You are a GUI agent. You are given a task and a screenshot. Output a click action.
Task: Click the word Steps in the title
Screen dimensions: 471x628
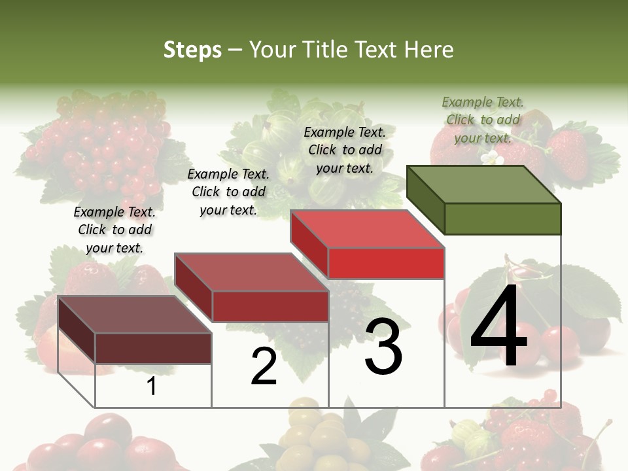[192, 50]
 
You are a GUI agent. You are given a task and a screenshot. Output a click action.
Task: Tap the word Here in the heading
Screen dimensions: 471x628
[428, 50]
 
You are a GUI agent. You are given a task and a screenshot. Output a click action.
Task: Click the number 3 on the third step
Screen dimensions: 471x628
[383, 347]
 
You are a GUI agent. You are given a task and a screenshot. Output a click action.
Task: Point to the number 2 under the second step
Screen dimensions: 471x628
[264, 366]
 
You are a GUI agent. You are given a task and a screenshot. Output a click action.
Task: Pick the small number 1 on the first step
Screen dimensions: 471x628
[151, 387]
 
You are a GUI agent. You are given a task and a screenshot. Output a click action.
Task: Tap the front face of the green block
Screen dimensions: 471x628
[502, 218]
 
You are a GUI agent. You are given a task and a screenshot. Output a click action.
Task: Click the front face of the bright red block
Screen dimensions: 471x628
[386, 263]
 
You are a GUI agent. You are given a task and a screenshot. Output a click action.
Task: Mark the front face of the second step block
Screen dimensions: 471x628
[270, 306]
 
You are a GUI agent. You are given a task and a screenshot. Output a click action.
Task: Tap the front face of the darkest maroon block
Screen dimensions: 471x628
[153, 348]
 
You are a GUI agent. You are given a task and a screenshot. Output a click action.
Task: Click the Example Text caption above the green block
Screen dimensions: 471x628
[483, 120]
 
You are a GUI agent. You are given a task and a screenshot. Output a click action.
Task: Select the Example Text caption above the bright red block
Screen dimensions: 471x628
[345, 150]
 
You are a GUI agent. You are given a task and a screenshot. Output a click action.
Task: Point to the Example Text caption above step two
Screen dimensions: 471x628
[228, 192]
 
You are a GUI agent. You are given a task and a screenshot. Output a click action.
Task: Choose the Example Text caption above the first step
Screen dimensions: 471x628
[114, 230]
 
